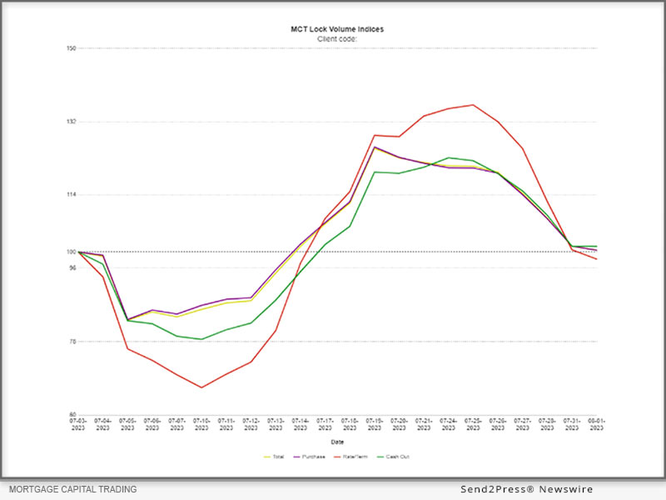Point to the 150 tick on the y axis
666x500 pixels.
click(72, 48)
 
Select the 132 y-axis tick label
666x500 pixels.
click(72, 122)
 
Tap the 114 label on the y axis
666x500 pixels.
click(72, 195)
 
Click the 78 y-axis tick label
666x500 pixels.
click(72, 342)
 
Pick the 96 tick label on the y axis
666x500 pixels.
click(72, 268)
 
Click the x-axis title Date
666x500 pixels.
click(337, 442)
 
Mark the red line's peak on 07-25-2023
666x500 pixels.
click(473, 105)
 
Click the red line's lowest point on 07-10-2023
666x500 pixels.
click(201, 387)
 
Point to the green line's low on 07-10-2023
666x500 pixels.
click(201, 339)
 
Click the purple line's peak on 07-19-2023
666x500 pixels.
click(375, 147)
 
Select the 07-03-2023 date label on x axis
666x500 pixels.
click(77, 425)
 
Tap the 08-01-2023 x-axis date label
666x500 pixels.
click(596, 425)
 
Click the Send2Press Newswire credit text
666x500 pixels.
click(527, 489)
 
